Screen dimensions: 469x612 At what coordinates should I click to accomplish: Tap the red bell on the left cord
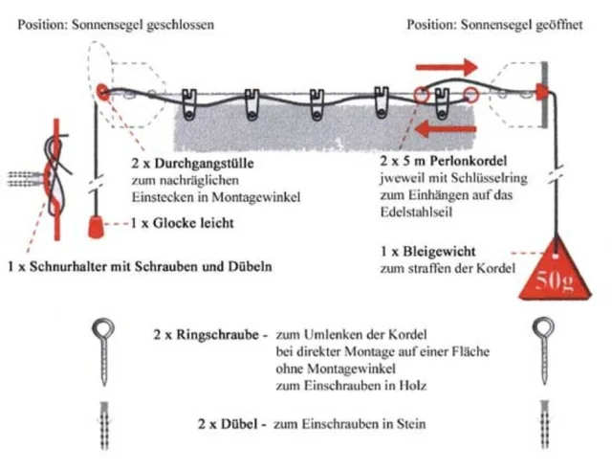[x=95, y=225]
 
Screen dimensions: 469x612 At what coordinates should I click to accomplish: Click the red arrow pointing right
[x=448, y=68]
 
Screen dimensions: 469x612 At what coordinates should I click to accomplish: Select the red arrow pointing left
[x=448, y=128]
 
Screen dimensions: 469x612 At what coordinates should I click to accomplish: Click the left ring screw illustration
[x=102, y=353]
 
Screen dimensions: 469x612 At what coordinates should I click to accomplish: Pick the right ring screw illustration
[x=544, y=353]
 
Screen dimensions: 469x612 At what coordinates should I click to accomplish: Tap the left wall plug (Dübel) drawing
[x=103, y=421]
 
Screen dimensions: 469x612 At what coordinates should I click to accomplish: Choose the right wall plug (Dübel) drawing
[x=544, y=421]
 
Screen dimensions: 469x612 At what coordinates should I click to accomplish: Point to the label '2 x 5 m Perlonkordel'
[x=443, y=162]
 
